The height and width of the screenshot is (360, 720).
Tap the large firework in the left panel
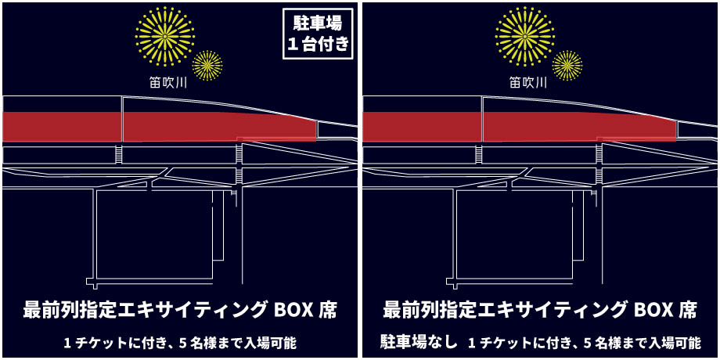pyautogui.click(x=165, y=36)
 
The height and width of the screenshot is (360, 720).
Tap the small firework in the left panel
pyautogui.click(x=207, y=65)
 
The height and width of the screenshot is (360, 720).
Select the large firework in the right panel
pyautogui.click(x=525, y=36)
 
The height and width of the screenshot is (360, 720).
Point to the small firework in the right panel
pyautogui.click(x=567, y=65)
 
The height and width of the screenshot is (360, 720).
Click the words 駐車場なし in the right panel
pyautogui.click(x=419, y=342)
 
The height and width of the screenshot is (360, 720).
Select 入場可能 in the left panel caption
pyautogui.click(x=273, y=342)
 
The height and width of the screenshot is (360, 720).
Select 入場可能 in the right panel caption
pyautogui.click(x=679, y=342)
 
